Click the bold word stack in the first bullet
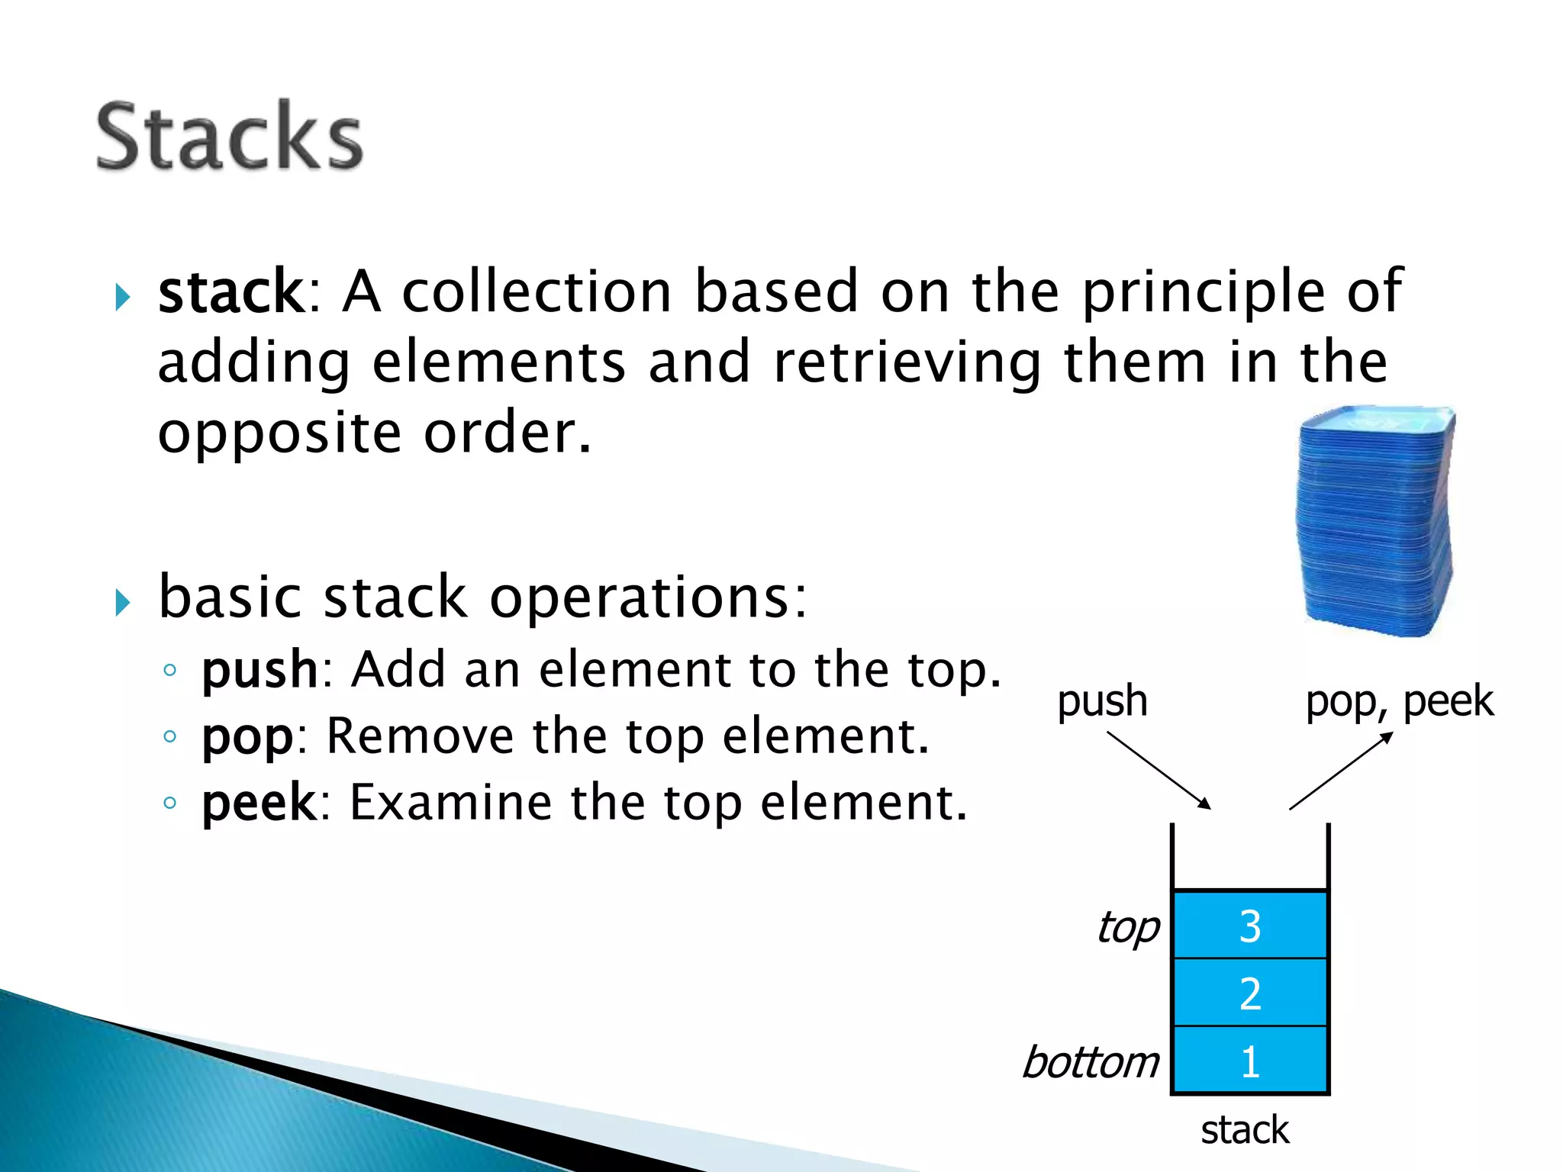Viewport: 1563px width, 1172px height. pyautogui.click(x=231, y=291)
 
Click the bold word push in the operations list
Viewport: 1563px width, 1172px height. pyautogui.click(x=259, y=671)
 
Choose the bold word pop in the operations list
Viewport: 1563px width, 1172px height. pyautogui.click(x=247, y=738)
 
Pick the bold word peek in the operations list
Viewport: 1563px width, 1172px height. pyautogui.click(x=258, y=803)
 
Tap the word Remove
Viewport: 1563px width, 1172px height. pyautogui.click(x=419, y=736)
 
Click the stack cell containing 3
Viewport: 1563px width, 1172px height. pyautogui.click(x=1249, y=926)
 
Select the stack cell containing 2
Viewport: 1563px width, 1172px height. pyautogui.click(x=1249, y=993)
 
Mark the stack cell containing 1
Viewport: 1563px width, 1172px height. pyautogui.click(x=1249, y=1061)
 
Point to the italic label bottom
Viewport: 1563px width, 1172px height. pyautogui.click(x=1091, y=1062)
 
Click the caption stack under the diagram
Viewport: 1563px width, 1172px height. pyautogui.click(x=1245, y=1130)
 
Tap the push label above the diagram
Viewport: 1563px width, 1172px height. pyautogui.click(x=1102, y=701)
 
